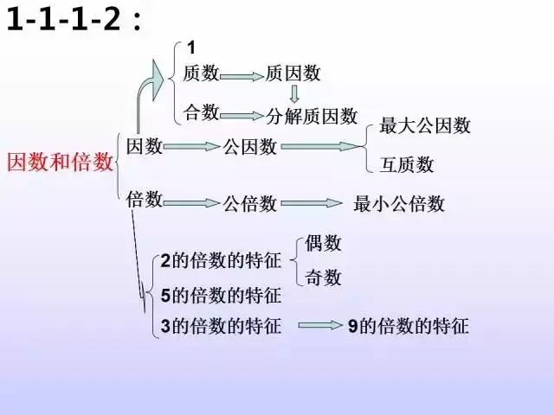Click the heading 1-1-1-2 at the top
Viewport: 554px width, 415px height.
tap(74, 19)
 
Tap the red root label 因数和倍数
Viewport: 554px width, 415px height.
tap(60, 163)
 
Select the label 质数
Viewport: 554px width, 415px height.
tap(201, 73)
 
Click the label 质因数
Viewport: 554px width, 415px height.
tap(293, 73)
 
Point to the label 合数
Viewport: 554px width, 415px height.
tap(201, 112)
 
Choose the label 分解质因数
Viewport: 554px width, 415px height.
tap(312, 116)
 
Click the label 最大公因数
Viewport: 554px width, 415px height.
tap(425, 125)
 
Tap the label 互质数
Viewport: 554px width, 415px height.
tap(406, 164)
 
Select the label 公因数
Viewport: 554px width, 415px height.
tap(249, 146)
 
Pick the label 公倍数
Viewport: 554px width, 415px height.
tap(249, 204)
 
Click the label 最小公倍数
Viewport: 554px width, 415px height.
tap(399, 204)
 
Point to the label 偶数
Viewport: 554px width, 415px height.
tap(323, 243)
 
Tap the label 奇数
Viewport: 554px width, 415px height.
tap(323, 277)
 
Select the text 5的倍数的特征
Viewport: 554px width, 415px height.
tap(221, 296)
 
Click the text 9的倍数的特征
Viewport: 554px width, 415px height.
tap(409, 325)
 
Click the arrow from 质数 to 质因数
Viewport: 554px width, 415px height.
tap(242, 76)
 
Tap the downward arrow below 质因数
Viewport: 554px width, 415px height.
tap(294, 93)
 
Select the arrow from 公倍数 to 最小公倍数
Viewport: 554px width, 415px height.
tap(312, 203)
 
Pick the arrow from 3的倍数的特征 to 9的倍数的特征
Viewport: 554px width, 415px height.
tap(320, 325)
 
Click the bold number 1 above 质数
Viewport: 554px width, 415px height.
tap(191, 48)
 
